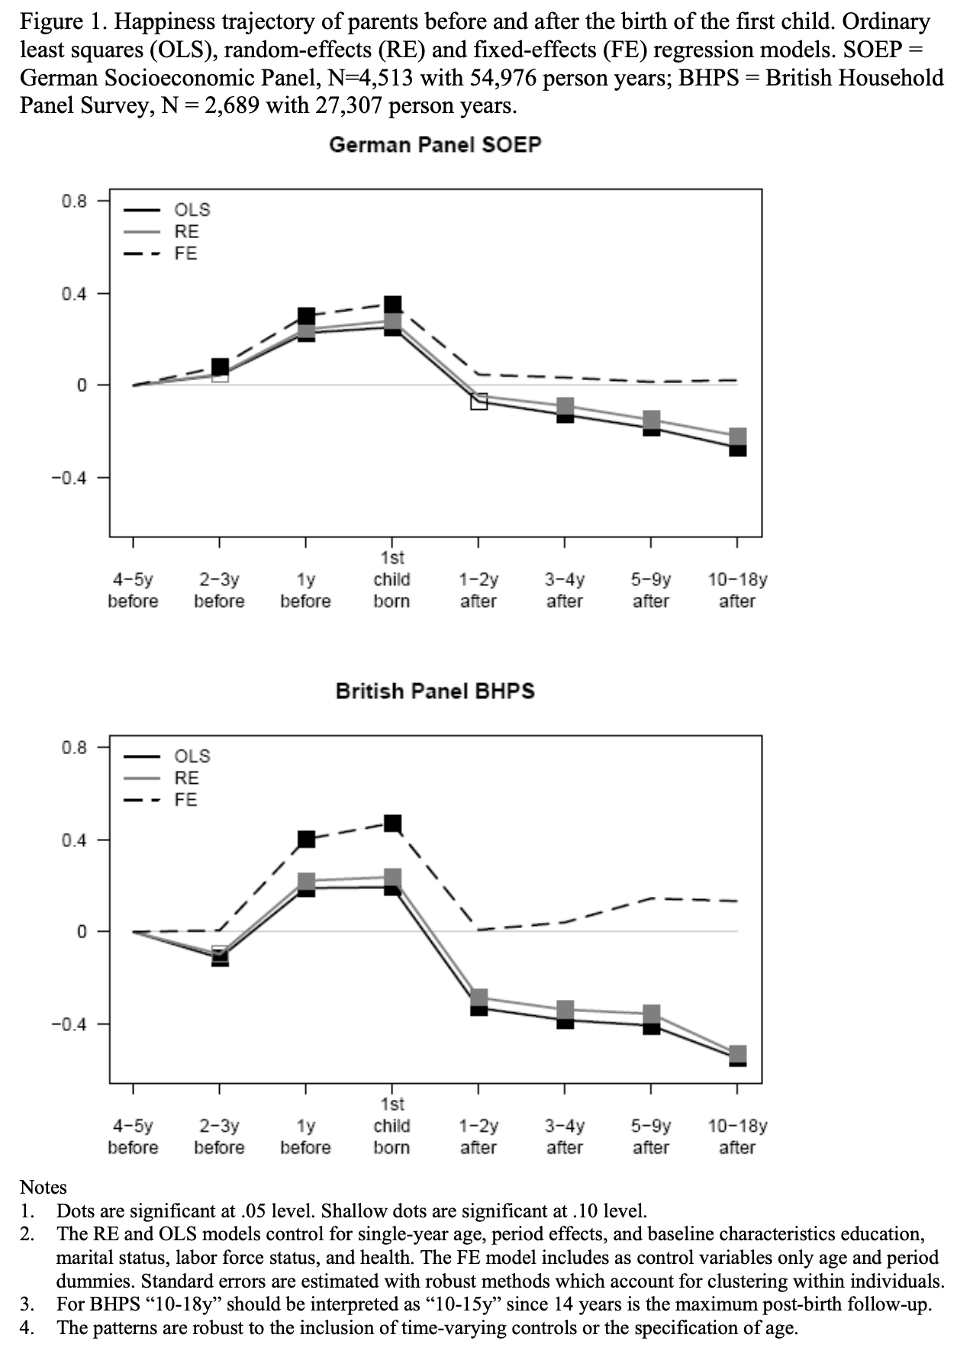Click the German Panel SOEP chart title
tap(435, 144)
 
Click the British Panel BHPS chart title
tap(435, 691)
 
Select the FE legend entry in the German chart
tap(185, 253)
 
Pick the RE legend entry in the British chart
tap(186, 778)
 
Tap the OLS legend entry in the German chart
tap(192, 210)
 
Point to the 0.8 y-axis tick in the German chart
tap(75, 201)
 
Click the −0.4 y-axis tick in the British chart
tap(69, 1024)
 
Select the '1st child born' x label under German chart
tap(391, 579)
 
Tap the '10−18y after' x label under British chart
tap(737, 1136)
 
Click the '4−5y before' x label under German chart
tap(133, 590)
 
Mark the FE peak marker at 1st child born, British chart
tap(392, 823)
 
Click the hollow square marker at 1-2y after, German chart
tap(478, 401)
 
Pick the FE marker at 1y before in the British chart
tap(306, 840)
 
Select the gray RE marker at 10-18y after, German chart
tap(737, 437)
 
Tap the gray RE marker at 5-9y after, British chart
tap(651, 1014)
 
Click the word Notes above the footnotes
tap(43, 1187)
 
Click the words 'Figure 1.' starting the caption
tap(62, 22)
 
